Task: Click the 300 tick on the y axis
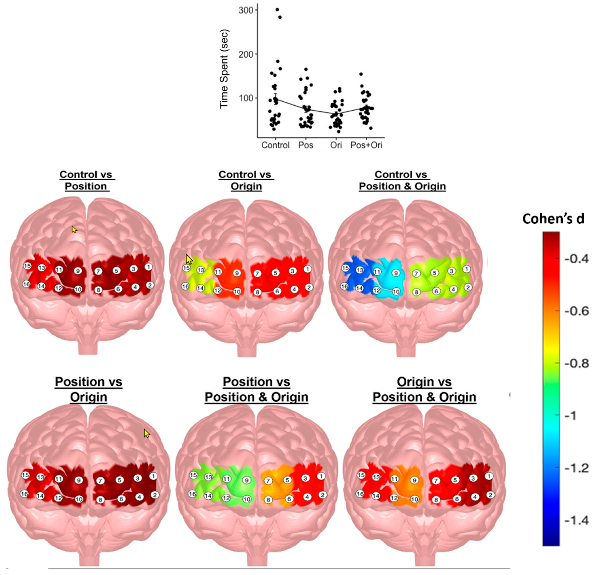(246, 10)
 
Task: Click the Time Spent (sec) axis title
(224, 69)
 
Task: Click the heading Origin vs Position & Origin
(424, 390)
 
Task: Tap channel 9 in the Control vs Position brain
(78, 271)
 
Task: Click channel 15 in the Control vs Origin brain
(186, 268)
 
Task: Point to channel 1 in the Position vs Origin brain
(153, 476)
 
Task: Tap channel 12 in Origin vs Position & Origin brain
(394, 498)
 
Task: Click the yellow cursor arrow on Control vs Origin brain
(189, 260)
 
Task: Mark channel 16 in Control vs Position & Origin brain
(344, 286)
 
